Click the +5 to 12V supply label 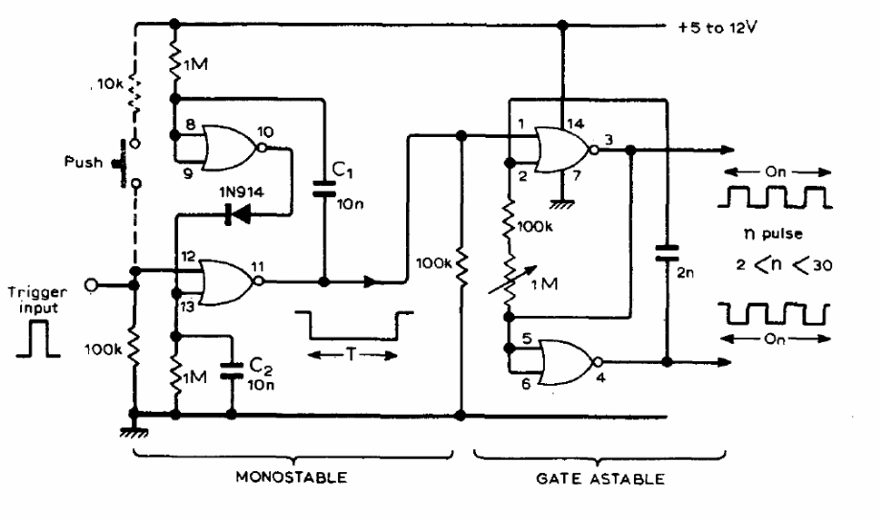tap(714, 26)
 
